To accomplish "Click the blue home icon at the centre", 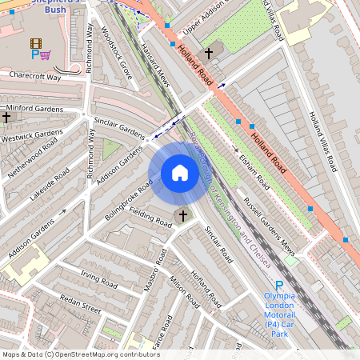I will (x=180, y=173).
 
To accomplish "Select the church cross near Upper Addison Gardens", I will (x=210, y=54).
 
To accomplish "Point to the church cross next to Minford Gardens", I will (x=6, y=118).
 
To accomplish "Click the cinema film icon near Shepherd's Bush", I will (x=34, y=43).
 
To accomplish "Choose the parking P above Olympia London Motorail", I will (x=279, y=286).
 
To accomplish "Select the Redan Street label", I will (x=80, y=304).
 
